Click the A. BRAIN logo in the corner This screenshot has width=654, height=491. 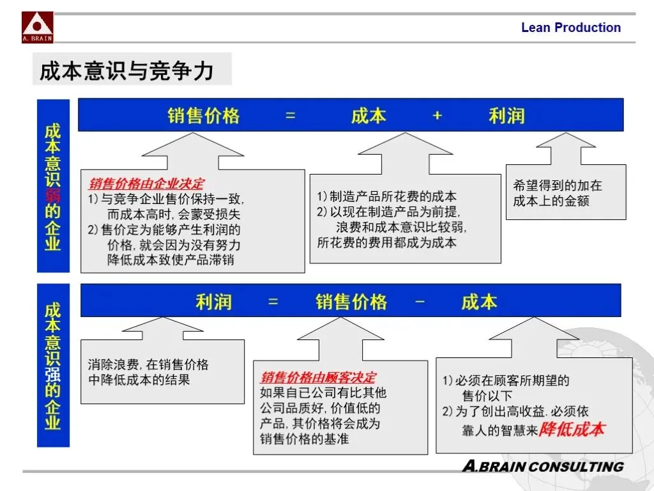38,27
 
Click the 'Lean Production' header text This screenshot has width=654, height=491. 570,27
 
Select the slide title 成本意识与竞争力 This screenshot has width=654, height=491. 126,70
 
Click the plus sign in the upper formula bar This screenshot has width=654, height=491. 437,115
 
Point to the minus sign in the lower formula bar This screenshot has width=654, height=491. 420,301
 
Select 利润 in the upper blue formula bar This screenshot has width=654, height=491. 506,115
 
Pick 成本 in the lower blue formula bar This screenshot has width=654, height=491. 479,301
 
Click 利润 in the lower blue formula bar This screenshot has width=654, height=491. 213,301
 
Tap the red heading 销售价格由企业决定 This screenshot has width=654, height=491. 147,184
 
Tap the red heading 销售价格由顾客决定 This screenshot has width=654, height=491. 318,378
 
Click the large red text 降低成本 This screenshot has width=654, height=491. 572,429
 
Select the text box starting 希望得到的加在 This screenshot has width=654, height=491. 566,192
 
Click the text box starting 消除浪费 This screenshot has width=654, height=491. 162,371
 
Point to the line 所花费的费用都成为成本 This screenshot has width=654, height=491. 387,243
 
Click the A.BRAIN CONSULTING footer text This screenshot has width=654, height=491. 542,466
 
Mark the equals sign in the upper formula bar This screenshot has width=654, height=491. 291,115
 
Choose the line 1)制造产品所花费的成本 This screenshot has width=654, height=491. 387,196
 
